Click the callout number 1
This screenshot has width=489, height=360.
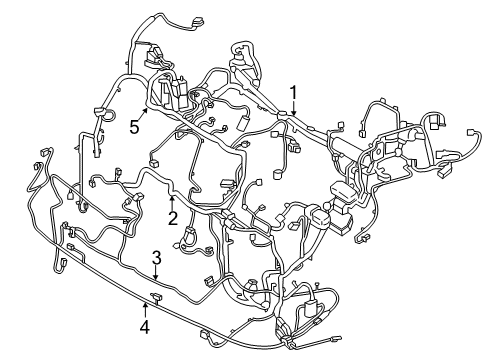click(x=294, y=93)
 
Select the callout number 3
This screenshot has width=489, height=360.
click(x=155, y=259)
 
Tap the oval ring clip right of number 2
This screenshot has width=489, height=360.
click(x=189, y=239)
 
